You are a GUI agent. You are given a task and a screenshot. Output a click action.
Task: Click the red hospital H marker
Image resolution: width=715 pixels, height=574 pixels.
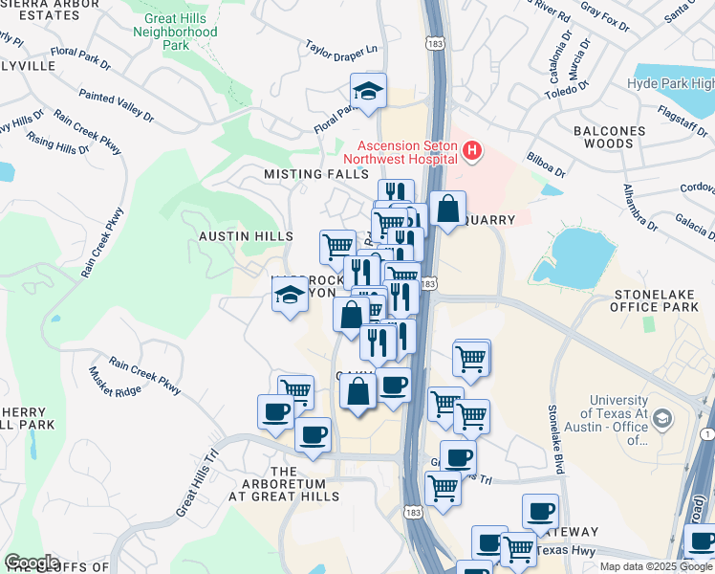click(471, 151)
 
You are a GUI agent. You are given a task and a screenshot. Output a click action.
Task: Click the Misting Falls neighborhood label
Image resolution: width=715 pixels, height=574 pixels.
click(315, 175)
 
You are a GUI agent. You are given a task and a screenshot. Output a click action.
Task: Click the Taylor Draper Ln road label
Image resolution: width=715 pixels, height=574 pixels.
click(342, 49)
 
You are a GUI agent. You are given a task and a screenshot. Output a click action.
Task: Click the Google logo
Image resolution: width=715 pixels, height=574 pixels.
click(32, 563)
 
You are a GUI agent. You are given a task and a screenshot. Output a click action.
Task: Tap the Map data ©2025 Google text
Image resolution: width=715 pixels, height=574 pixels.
click(655, 566)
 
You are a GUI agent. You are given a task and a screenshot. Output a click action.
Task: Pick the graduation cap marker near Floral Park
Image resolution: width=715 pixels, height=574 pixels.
click(368, 92)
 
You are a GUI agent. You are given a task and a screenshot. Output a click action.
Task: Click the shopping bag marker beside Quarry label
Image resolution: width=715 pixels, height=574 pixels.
click(447, 209)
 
